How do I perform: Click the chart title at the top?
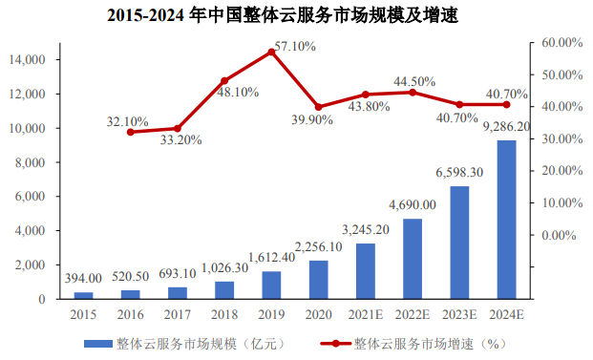pos(297,16)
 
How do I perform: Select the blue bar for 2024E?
pos(506,220)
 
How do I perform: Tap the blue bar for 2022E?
pos(413,259)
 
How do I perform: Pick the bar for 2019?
pos(272,285)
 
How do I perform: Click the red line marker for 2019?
pos(272,52)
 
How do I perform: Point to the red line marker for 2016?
pos(131,131)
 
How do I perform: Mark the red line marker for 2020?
pos(319,107)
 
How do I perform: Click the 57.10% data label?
pos(295,45)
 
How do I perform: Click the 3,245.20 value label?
pos(366,229)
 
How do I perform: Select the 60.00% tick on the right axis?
pos(561,43)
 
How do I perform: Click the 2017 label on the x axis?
pos(178,312)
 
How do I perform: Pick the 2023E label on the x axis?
pos(459,312)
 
